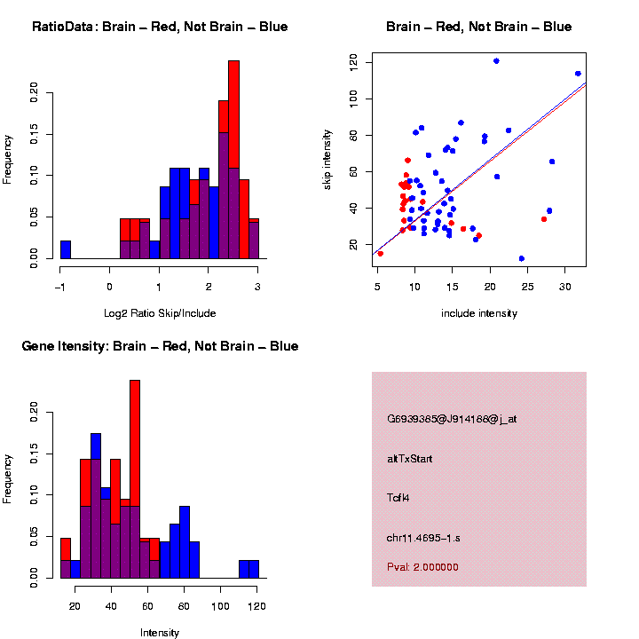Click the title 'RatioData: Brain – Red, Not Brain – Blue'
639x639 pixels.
click(x=160, y=27)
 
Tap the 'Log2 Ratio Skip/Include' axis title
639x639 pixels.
click(x=159, y=312)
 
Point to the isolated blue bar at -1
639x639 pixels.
click(x=66, y=249)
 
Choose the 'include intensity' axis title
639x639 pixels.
click(x=478, y=313)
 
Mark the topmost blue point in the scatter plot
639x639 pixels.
click(x=496, y=61)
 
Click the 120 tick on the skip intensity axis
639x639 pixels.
click(x=354, y=61)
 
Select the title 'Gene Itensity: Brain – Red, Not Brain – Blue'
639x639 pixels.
click(x=160, y=346)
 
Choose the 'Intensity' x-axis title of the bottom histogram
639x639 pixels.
click(x=160, y=633)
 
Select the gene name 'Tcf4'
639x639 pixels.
click(x=398, y=497)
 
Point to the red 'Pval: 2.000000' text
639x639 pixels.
click(x=422, y=566)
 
